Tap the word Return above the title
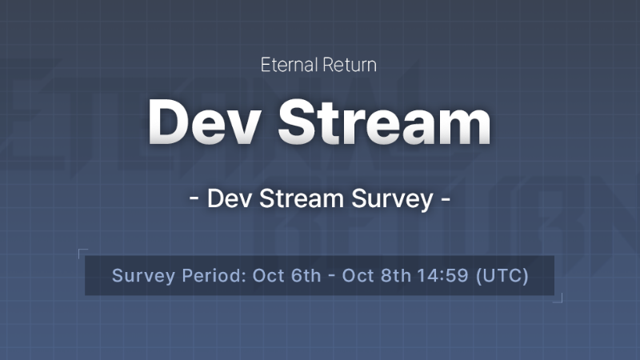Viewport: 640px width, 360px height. (x=349, y=66)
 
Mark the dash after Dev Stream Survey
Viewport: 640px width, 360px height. (x=446, y=199)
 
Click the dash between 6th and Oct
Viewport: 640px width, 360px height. (x=330, y=277)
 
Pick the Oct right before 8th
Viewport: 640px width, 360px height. (x=356, y=276)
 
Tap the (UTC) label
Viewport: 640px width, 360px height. (x=502, y=276)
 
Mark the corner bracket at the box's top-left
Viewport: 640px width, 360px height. (x=82, y=253)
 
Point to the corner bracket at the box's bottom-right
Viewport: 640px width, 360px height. (x=558, y=299)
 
